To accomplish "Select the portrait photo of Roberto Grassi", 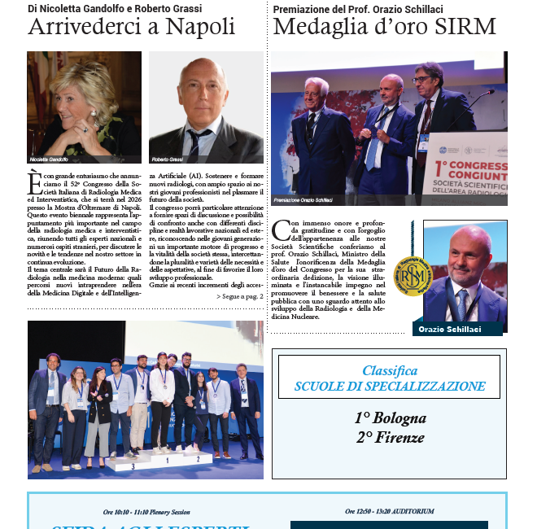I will [206, 111].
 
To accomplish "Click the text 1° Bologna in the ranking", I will [390, 418].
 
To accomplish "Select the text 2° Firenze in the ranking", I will [390, 437].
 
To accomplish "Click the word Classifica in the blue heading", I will [390, 371].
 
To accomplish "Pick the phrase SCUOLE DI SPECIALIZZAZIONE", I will [390, 387].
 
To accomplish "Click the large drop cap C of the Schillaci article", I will [282, 231].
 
